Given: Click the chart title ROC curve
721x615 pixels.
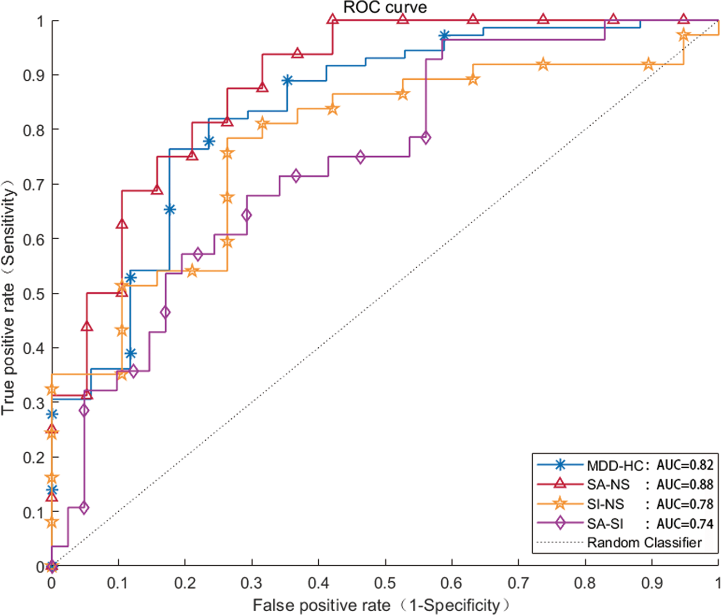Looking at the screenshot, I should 385,7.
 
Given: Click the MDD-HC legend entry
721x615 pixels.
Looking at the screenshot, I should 615,465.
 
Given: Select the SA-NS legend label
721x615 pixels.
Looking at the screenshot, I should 608,484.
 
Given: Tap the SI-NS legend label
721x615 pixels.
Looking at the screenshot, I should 605,504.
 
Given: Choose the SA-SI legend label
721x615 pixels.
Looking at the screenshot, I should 605,523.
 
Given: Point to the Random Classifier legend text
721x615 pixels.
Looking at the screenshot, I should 644,543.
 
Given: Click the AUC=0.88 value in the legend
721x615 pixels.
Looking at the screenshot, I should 685,484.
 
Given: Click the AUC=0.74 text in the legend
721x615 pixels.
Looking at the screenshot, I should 685,523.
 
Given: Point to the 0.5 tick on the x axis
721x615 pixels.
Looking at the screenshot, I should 385,583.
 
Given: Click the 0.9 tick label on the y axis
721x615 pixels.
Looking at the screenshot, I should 33,75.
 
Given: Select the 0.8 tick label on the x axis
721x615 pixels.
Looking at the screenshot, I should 585,583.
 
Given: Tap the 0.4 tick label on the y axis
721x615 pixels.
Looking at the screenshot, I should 33,348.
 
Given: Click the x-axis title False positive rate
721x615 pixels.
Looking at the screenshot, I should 321,605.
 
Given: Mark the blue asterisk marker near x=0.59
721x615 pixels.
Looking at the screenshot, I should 444,36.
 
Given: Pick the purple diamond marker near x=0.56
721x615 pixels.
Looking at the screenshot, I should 426,138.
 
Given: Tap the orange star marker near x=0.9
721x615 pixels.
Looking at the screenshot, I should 648,65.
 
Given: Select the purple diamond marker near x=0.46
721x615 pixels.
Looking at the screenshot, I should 360,157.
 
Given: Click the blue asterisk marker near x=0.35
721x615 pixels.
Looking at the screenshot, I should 287,81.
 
